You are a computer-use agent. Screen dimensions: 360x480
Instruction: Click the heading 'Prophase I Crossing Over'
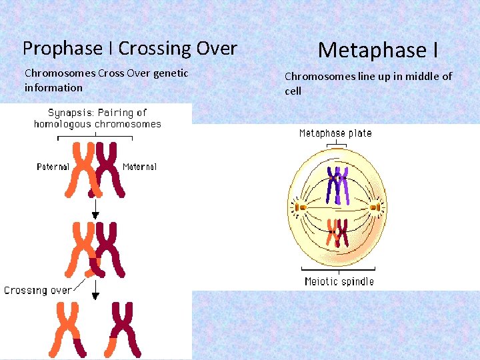point(129,49)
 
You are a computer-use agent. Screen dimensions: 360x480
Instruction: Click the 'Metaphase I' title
point(378,50)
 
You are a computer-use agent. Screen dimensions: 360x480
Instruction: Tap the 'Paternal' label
point(53,167)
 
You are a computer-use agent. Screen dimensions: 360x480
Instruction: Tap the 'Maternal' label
point(140,167)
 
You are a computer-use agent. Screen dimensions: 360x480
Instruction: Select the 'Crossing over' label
point(37,291)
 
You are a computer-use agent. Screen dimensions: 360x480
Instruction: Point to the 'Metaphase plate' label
point(335,133)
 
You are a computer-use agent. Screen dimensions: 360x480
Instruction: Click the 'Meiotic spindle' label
point(339,281)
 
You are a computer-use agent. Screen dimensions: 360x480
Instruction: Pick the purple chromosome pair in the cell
point(337,185)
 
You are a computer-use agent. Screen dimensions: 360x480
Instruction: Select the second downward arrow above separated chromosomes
point(95,289)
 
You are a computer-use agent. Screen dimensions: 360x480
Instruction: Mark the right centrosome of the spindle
point(378,207)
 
